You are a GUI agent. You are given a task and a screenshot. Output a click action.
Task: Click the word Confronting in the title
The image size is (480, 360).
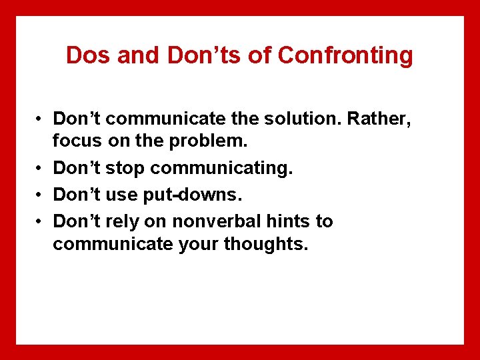tap(345, 55)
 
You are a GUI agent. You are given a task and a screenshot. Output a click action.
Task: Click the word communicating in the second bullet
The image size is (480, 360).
tap(221, 169)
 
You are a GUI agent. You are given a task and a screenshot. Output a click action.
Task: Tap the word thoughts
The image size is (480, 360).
tap(266, 245)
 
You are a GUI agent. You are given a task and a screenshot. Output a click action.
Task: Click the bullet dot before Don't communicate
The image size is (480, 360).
tap(40, 119)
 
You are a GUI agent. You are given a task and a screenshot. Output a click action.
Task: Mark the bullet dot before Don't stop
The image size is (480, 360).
tap(40, 169)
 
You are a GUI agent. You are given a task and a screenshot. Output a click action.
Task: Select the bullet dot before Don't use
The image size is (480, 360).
tap(40, 195)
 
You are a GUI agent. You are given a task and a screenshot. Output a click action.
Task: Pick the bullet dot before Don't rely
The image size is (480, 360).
tap(40, 221)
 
